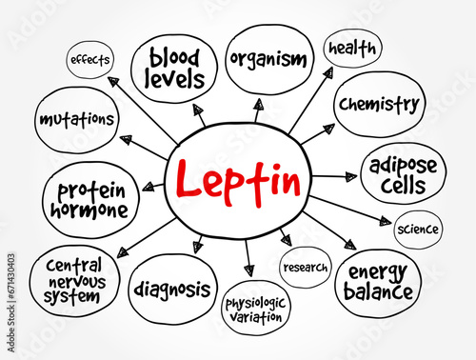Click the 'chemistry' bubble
(377, 103)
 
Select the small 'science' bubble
(417, 229)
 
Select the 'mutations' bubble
(78, 120)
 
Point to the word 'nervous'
(71, 280)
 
